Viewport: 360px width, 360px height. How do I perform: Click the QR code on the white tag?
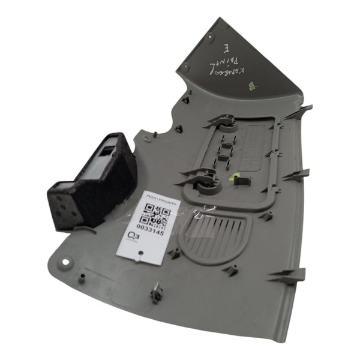pyautogui.click(x=157, y=212)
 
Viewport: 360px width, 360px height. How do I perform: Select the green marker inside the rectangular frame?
pyautogui.click(x=236, y=177)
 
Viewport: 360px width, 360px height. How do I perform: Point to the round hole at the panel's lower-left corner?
pyautogui.click(x=64, y=262)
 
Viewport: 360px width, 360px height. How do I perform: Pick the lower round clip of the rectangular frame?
pyautogui.click(x=205, y=178)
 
